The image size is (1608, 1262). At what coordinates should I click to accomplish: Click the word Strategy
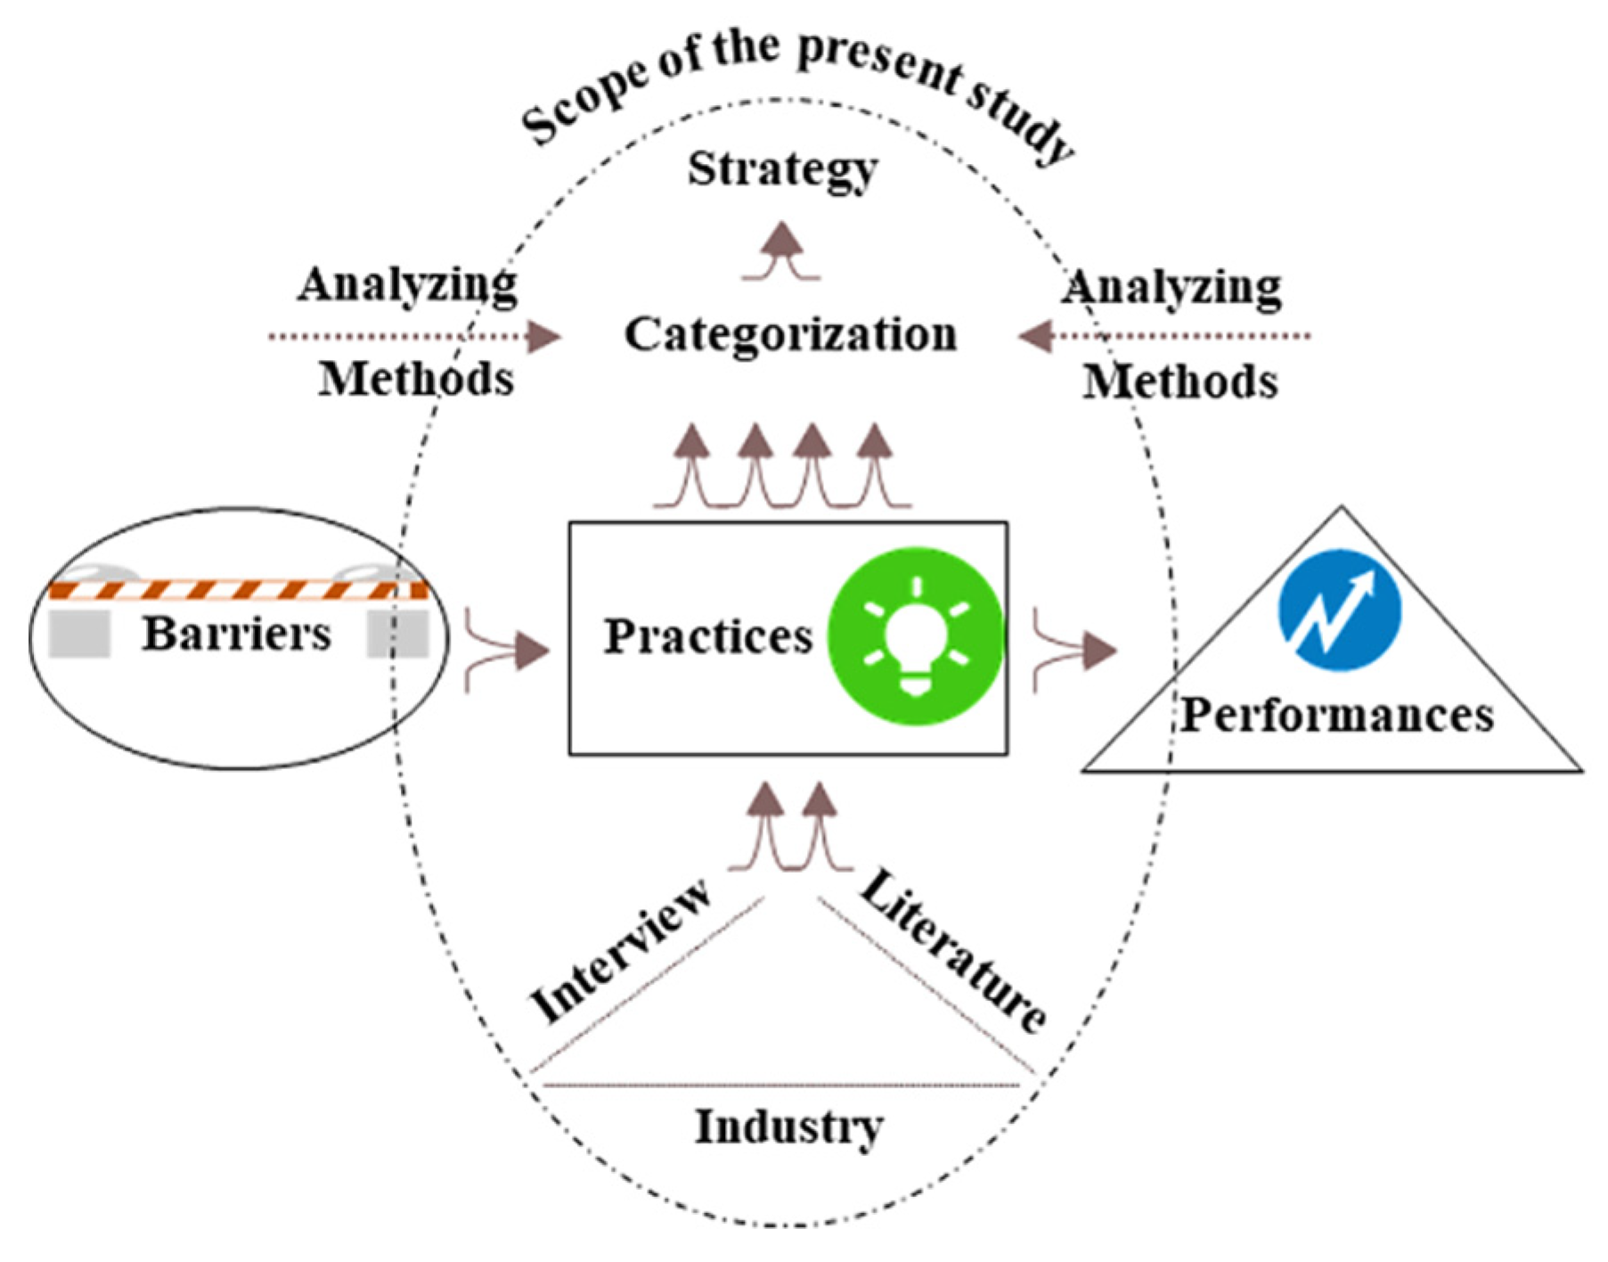[x=782, y=169]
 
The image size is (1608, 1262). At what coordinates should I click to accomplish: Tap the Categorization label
[x=790, y=336]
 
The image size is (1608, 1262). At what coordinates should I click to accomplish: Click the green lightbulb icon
[x=916, y=635]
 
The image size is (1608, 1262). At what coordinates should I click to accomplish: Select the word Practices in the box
[x=708, y=636]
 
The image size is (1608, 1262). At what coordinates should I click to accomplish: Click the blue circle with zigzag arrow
[x=1339, y=610]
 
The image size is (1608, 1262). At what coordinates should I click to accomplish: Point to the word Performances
[x=1337, y=715]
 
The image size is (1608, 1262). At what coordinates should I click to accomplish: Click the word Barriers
[x=237, y=635]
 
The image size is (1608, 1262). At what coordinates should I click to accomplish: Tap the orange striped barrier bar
[x=238, y=590]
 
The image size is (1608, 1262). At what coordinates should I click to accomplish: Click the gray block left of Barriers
[x=79, y=635]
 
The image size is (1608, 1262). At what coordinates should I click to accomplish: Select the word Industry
[x=788, y=1127]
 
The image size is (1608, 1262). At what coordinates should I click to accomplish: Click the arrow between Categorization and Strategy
[x=782, y=251]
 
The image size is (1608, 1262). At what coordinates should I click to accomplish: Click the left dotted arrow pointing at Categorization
[x=415, y=337]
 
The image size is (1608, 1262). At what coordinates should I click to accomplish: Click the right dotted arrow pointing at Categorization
[x=1163, y=337]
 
